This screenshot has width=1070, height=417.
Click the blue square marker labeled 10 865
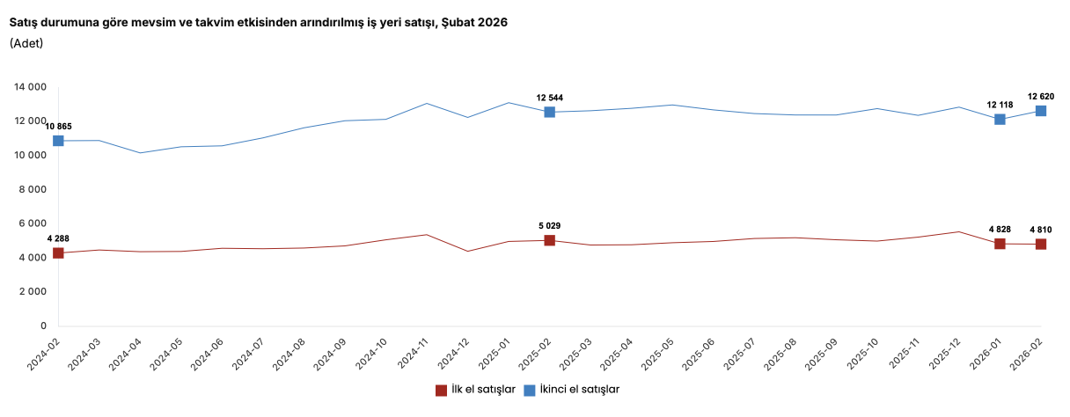pyautogui.click(x=58, y=141)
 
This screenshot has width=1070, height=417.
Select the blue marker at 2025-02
pyautogui.click(x=549, y=112)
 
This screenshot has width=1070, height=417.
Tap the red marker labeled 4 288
pyautogui.click(x=58, y=252)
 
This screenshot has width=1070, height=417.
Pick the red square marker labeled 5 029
pyautogui.click(x=549, y=240)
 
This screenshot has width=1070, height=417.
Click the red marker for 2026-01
pyautogui.click(x=1000, y=244)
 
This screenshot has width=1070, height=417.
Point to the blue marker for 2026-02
pyautogui.click(x=1041, y=111)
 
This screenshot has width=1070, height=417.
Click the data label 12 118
pyautogui.click(x=1000, y=105)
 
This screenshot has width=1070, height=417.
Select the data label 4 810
pyautogui.click(x=1041, y=230)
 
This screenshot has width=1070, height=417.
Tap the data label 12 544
pyautogui.click(x=549, y=98)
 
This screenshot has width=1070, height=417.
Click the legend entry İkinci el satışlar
pyautogui.click(x=572, y=390)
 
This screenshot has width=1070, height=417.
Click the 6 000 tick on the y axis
pyautogui.click(x=33, y=223)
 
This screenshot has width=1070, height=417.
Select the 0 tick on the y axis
pyautogui.click(x=42, y=326)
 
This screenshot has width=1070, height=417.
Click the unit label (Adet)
pyautogui.click(x=26, y=43)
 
